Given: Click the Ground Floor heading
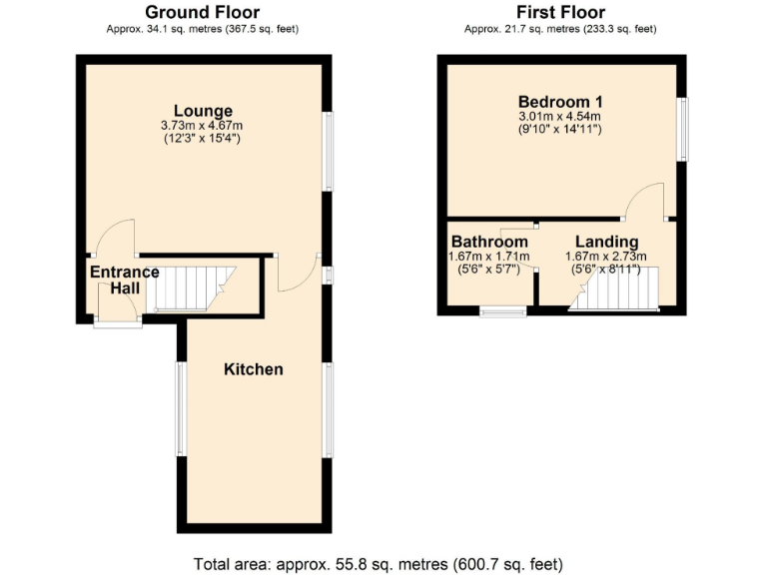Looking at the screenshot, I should (203, 12).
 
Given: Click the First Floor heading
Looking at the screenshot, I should (560, 12).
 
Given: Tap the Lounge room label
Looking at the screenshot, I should (203, 111).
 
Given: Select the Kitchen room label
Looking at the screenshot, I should (253, 369).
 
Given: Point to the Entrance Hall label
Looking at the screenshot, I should (125, 280).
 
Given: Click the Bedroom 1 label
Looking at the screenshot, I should (560, 102).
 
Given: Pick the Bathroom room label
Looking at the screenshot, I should (489, 243).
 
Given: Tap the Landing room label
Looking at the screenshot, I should (606, 243).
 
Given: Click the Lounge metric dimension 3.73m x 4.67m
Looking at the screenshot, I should (202, 126).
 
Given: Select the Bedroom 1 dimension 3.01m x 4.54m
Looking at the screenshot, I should (559, 117).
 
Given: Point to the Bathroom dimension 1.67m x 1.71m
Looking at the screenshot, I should (489, 257).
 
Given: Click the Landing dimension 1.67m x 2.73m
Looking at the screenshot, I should (606, 257).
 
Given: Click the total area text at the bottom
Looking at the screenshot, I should (383, 561).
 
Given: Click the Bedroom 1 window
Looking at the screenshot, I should (683, 129).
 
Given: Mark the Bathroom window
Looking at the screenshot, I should (503, 312).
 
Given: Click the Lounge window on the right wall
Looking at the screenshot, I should (326, 150).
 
